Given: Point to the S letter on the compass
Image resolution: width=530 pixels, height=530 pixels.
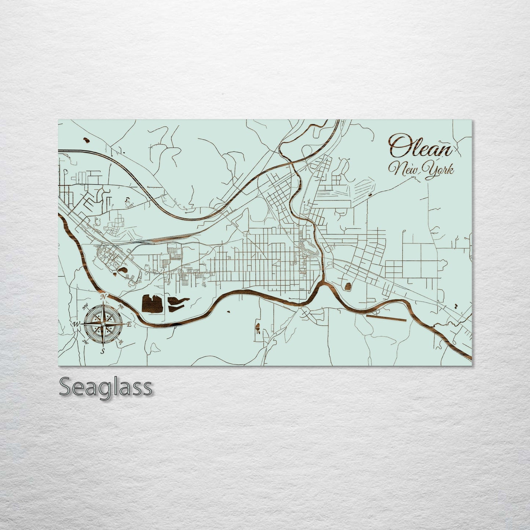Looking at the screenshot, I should pyautogui.click(x=103, y=351).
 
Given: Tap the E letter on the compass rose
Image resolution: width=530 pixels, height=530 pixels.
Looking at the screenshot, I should pyautogui.click(x=129, y=324).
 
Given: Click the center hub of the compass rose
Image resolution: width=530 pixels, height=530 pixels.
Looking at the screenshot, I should pyautogui.click(x=103, y=324).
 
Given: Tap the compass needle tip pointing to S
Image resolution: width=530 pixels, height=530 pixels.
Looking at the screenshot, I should pyautogui.click(x=103, y=346).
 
